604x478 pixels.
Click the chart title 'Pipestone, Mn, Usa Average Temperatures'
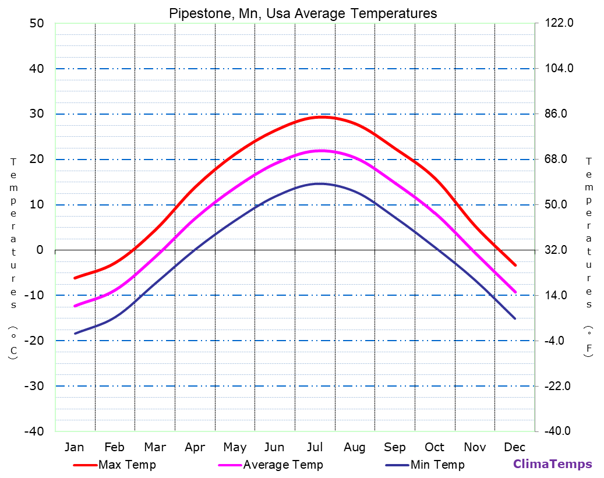coord(303,13)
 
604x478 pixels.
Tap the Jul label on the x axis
coord(315,447)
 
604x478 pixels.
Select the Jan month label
coord(74,447)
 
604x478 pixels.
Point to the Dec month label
coord(515,447)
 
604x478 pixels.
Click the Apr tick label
coord(195,447)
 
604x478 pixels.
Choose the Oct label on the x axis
coord(435,447)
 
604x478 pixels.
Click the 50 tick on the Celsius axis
coord(36,23)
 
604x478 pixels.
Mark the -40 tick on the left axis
coord(34,431)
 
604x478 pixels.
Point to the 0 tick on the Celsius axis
coord(40,250)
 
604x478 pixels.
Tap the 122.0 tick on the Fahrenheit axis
coord(560,23)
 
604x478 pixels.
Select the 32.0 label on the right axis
coord(560,250)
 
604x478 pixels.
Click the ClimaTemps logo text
coord(552,464)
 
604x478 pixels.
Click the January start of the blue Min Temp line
coord(75,334)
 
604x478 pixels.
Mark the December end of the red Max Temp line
coord(515,265)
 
